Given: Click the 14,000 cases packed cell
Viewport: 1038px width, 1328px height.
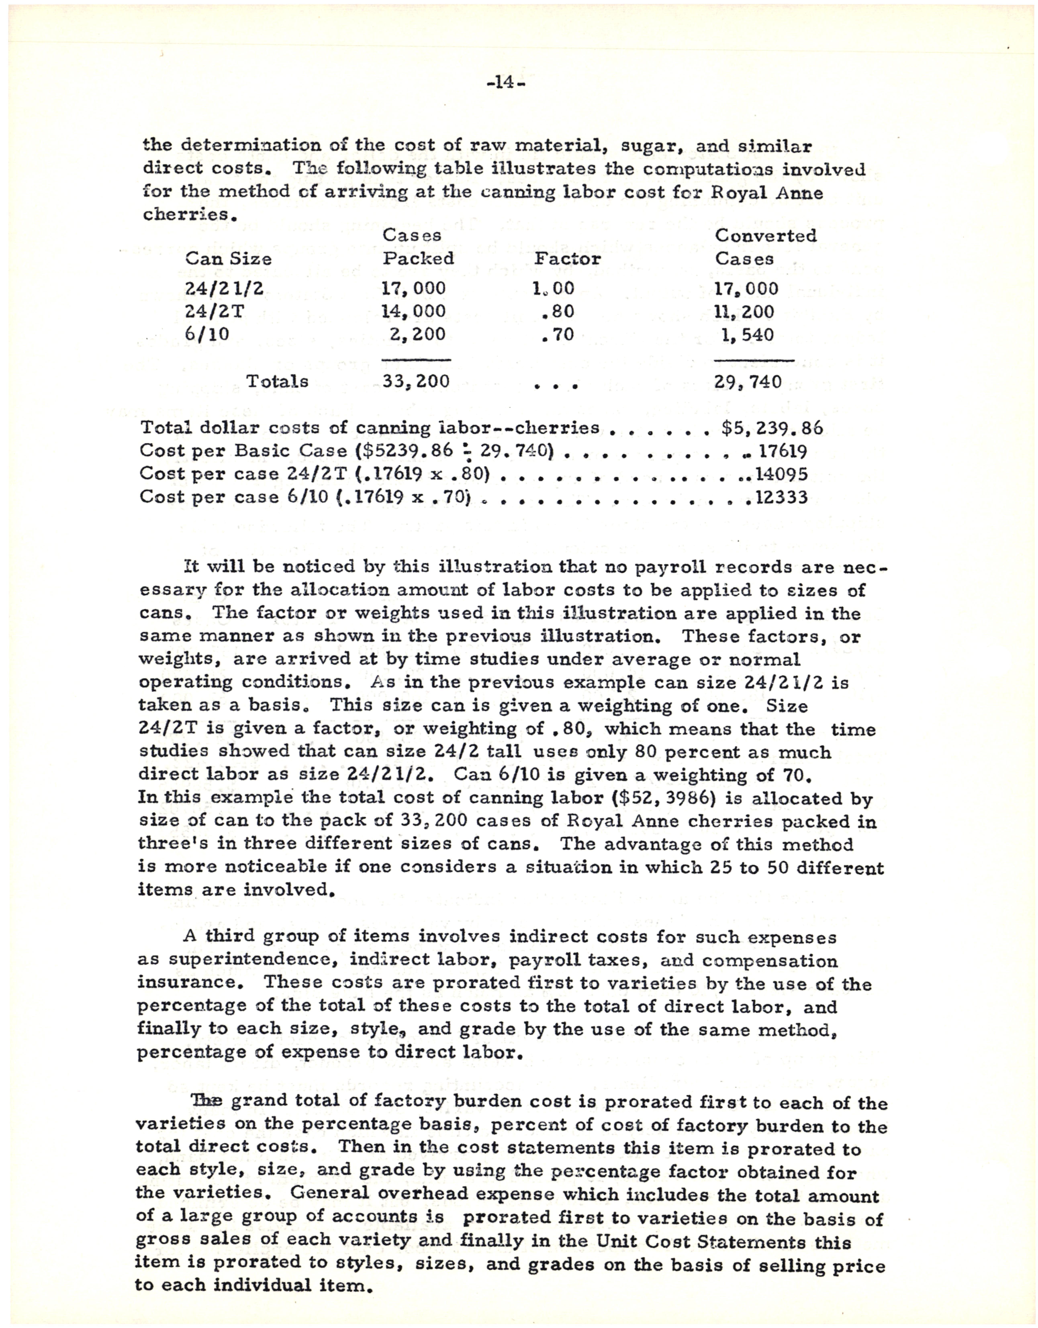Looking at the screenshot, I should coord(414,311).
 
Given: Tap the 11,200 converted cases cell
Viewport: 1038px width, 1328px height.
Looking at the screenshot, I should coord(745,312).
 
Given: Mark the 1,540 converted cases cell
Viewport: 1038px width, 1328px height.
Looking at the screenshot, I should coord(747,335).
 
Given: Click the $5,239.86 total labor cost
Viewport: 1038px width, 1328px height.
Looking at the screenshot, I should coord(772,428).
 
